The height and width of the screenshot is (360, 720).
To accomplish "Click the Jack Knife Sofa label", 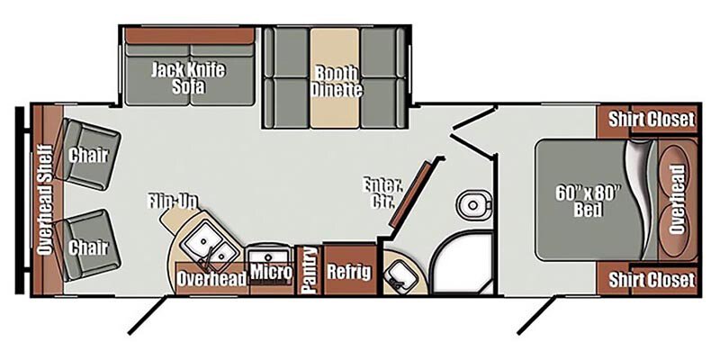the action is pyautogui.click(x=188, y=77).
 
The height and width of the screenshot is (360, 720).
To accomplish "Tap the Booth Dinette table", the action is pyautogui.click(x=334, y=78).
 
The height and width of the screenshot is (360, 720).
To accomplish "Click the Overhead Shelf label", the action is pyautogui.click(x=46, y=200).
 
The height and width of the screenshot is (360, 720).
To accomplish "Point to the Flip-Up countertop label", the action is pyautogui.click(x=173, y=201).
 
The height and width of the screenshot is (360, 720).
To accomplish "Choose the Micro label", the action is pyautogui.click(x=271, y=273).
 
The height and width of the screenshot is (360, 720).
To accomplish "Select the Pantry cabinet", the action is pyautogui.click(x=310, y=270).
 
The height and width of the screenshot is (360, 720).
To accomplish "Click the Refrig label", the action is pyautogui.click(x=349, y=272).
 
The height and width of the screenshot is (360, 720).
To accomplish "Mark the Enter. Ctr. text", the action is pyautogui.click(x=382, y=193).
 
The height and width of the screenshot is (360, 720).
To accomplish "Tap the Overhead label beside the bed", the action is pyautogui.click(x=678, y=200).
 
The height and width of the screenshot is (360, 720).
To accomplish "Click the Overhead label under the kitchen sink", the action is pyautogui.click(x=211, y=279).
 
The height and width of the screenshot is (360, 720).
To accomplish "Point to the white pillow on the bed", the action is pyautogui.click(x=642, y=198).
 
